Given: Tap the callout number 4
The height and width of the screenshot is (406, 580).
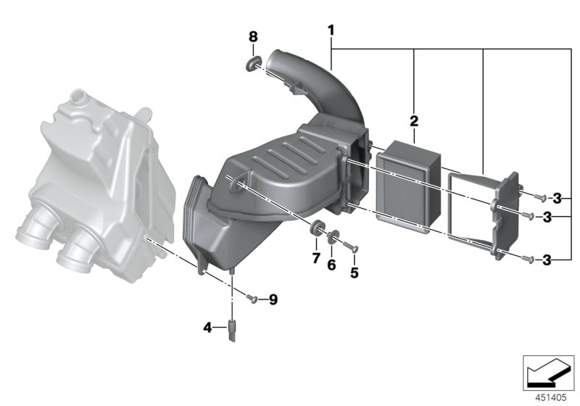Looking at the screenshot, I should pos(208,328).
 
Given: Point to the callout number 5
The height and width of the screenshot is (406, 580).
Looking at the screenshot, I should pos(355,273).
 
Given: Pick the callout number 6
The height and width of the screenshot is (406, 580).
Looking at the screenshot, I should pos(331,265).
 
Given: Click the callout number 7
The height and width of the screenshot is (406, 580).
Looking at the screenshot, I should pos(315,258).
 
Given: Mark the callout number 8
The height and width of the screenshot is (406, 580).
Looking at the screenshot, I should pos(252,36).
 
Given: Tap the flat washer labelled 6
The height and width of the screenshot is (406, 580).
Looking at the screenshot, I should pos(333,237).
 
